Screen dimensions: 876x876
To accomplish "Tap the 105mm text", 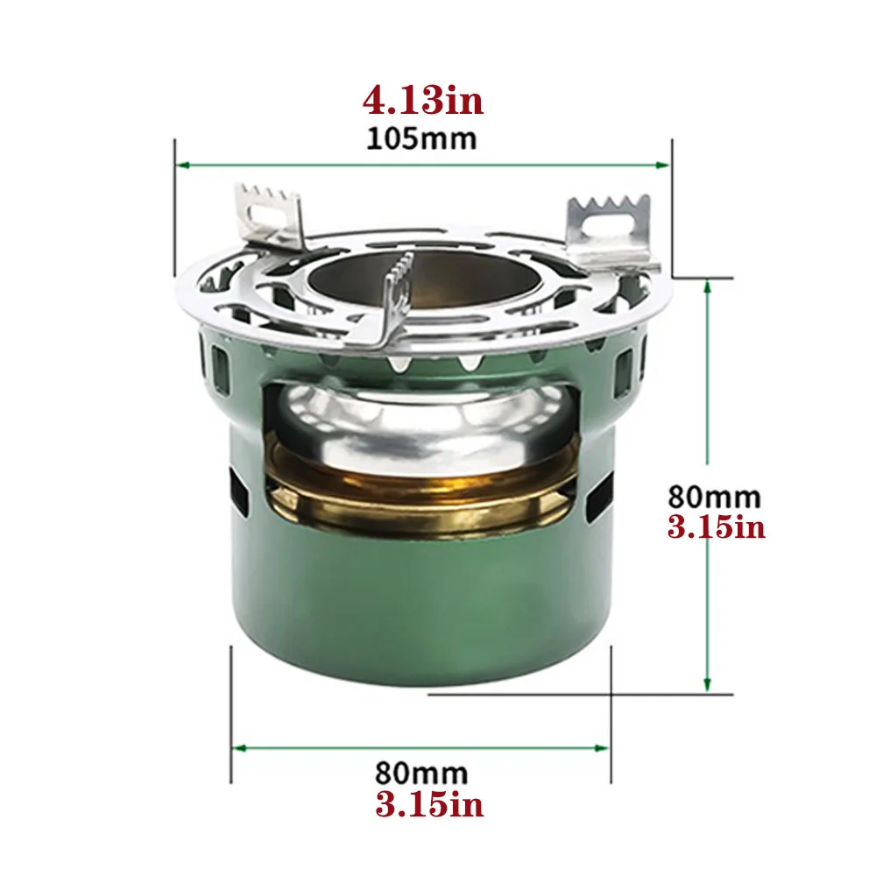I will [422, 138].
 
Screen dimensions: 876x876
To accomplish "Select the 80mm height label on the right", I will [714, 497].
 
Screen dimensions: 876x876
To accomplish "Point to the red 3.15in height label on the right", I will [716, 528].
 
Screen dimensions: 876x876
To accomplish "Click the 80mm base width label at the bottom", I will [421, 774].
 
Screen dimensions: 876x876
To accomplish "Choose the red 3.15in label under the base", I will [429, 804].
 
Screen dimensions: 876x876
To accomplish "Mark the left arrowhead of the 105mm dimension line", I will [182, 164].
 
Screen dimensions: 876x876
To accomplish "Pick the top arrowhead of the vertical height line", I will [707, 285].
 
